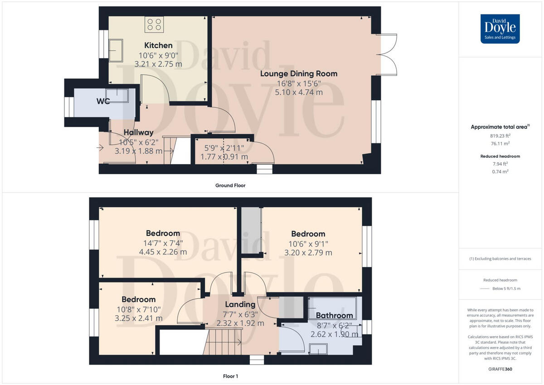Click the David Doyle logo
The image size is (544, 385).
(x=500, y=29)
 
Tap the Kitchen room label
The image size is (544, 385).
(x=158, y=45)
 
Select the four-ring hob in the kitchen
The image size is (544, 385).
(x=154, y=24)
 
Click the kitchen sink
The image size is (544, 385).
(x=115, y=49)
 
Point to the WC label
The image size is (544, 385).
(x=103, y=101)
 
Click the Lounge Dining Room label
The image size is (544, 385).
(x=299, y=73)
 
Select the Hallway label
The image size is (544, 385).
(x=139, y=132)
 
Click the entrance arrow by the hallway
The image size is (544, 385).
(x=100, y=146)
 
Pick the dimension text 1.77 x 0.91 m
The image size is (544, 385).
(x=224, y=157)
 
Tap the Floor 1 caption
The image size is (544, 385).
(x=230, y=376)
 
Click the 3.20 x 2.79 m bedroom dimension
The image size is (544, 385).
(x=308, y=253)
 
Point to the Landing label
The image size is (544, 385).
(x=240, y=304)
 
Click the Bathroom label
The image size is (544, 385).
(x=334, y=315)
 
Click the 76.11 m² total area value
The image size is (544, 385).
(x=500, y=143)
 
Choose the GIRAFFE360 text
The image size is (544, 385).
(x=500, y=369)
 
